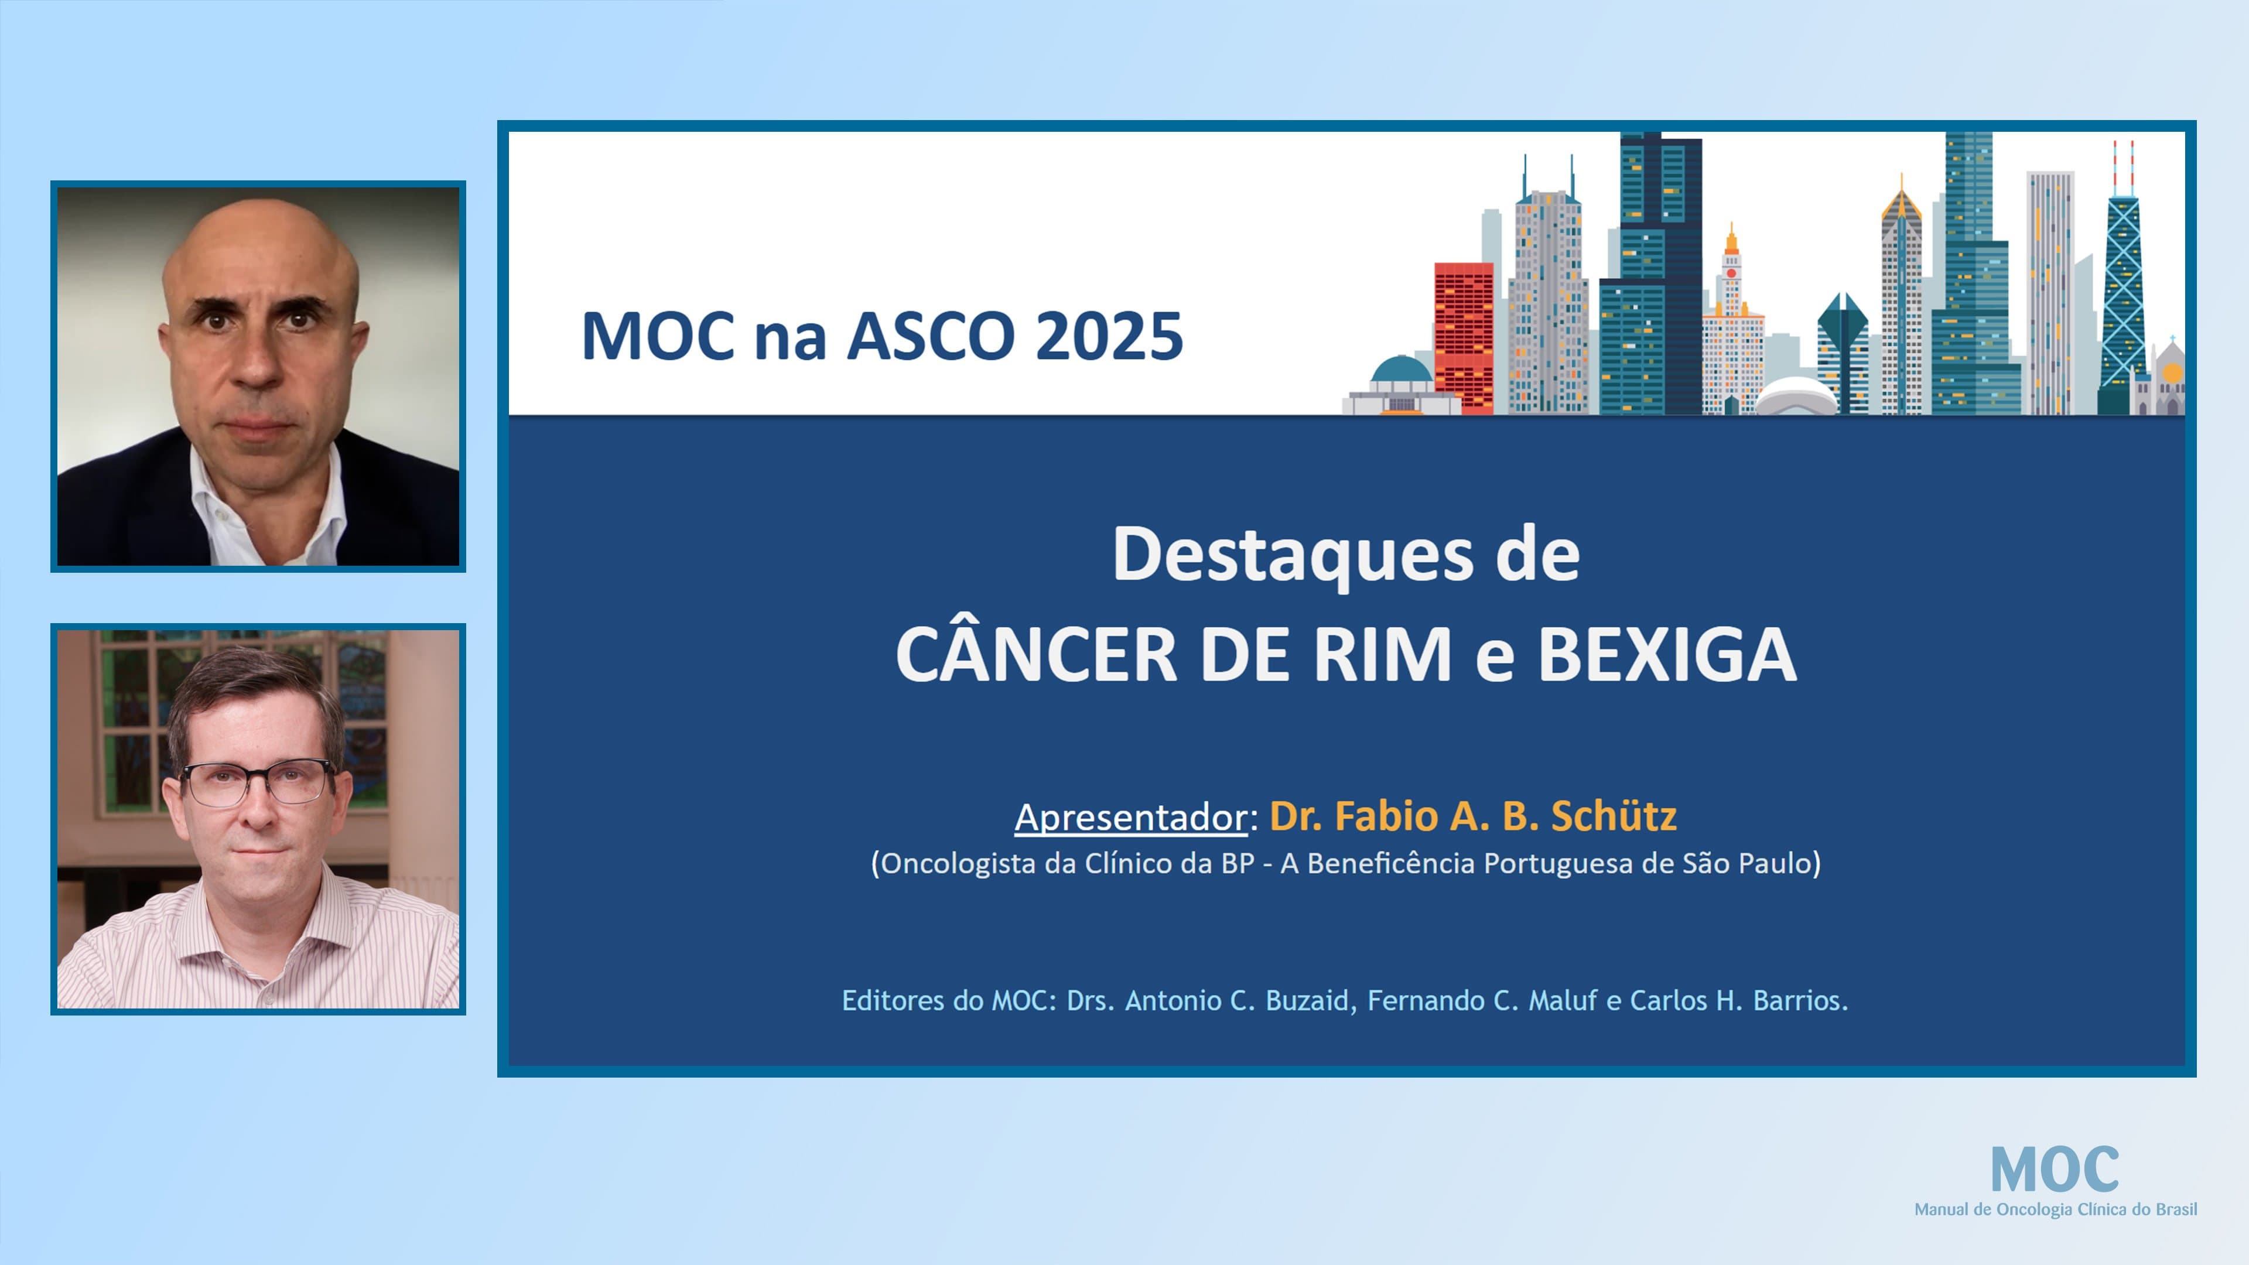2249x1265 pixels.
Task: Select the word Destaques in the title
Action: (1292, 555)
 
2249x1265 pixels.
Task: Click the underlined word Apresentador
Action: (1130, 817)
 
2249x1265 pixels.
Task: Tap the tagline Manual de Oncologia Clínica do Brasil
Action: (2055, 1209)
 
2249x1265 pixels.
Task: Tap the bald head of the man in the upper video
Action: (259, 244)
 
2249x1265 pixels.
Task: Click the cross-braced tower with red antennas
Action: (2122, 288)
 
